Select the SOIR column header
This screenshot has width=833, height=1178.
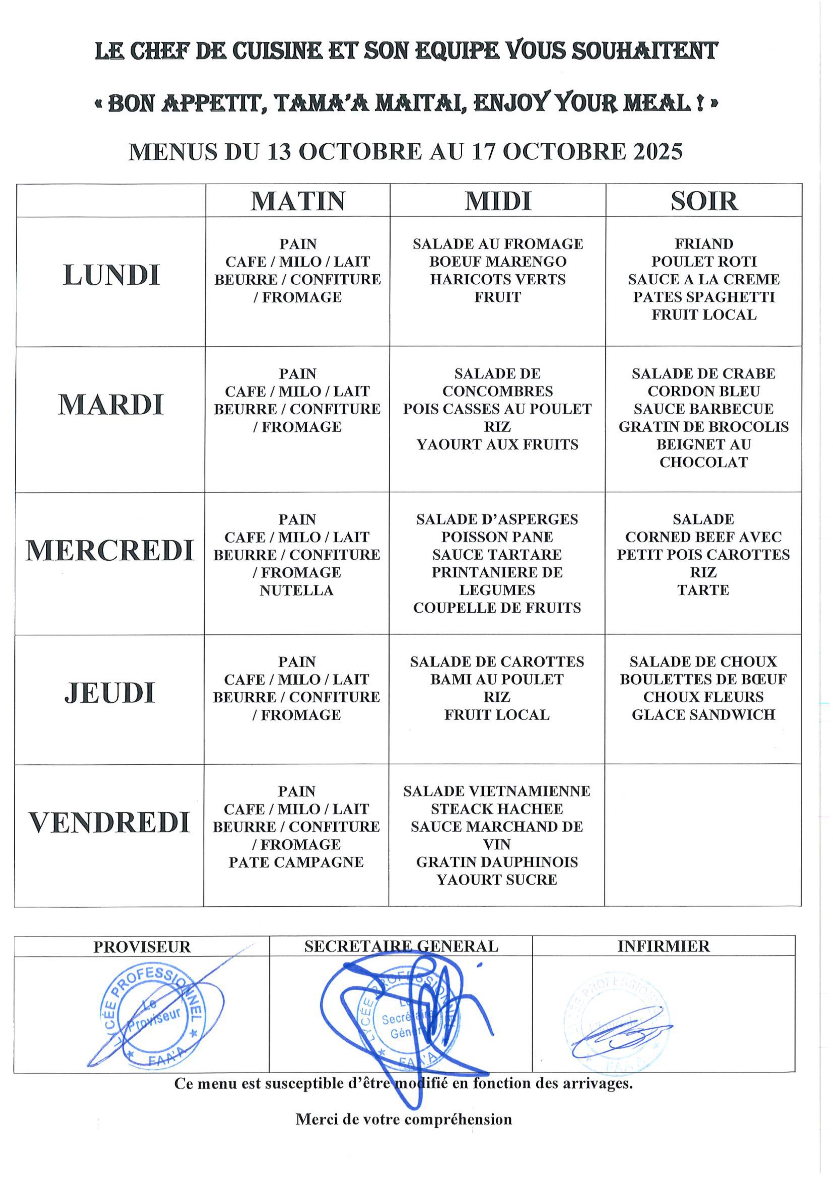tap(704, 201)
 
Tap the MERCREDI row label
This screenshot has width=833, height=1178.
tap(110, 551)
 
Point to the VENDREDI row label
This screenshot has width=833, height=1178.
tap(109, 822)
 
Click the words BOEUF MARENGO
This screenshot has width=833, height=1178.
tap(497, 262)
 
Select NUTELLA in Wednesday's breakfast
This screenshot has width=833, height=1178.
tap(296, 591)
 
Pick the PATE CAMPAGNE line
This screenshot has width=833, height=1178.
tap(296, 862)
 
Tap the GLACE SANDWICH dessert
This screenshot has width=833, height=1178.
tap(703, 715)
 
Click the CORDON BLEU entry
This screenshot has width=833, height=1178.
tap(703, 391)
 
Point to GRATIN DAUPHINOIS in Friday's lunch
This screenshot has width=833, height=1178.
tap(496, 862)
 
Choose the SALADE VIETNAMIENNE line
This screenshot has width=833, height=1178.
tap(496, 791)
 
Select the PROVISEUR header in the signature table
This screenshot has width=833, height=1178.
tap(142, 947)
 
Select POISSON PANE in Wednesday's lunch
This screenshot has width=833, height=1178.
tap(496, 537)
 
